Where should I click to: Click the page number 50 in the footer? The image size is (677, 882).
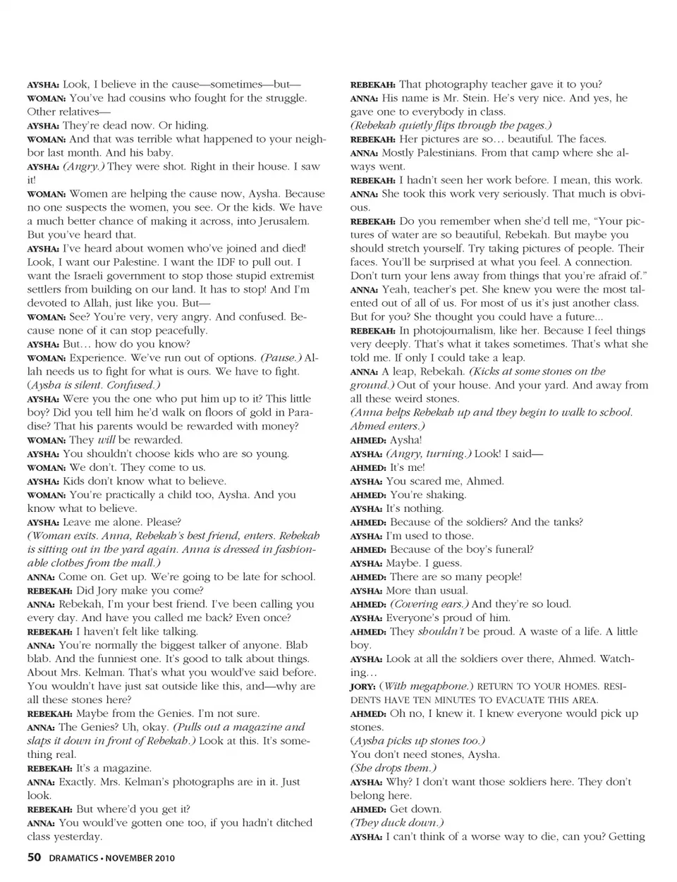pyautogui.click(x=34, y=857)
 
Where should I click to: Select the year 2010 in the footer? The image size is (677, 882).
pyautogui.click(x=163, y=858)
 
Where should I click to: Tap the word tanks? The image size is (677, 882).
pyautogui.click(x=564, y=522)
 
